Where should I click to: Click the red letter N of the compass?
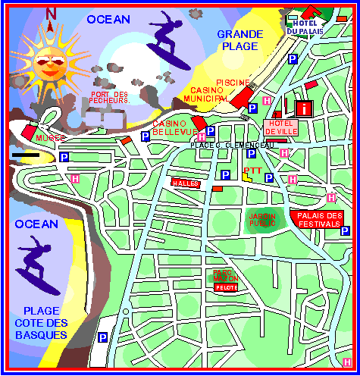click(51, 14)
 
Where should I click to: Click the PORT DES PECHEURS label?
click(111, 97)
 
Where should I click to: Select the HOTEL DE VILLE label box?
click(281, 127)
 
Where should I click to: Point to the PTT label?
click(253, 171)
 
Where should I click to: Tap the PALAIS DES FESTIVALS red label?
click(315, 219)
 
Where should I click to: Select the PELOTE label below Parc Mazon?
click(227, 287)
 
